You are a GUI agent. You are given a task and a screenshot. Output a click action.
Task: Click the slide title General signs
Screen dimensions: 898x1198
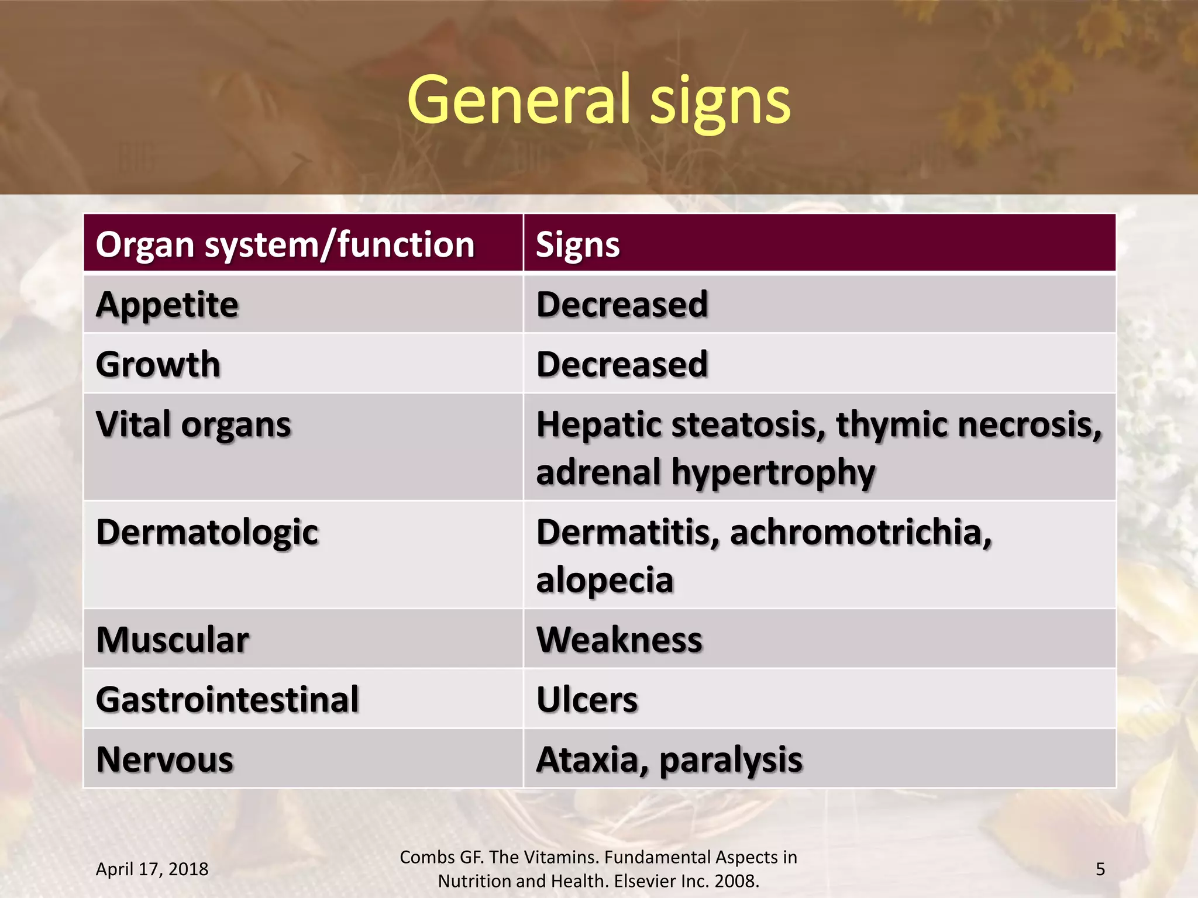coord(598,101)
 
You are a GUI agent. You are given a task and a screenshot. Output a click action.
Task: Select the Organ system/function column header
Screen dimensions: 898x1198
coord(285,244)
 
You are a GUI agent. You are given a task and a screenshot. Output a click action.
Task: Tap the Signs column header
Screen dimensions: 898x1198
coord(577,244)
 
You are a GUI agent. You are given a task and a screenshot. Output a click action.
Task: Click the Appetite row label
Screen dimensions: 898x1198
coord(167,305)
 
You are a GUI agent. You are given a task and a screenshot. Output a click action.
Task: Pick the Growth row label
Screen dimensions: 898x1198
coord(158,364)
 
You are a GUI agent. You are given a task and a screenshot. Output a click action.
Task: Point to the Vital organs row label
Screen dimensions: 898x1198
coord(193,424)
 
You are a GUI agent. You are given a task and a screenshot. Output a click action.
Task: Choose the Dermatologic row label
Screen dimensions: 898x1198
coord(207,533)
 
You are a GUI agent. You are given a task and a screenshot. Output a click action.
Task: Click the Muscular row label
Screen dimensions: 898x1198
coord(173,640)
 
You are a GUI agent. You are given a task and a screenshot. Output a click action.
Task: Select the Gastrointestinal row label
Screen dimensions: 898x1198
coord(227,700)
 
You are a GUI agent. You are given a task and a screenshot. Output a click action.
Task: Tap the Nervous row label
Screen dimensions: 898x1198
coord(164,759)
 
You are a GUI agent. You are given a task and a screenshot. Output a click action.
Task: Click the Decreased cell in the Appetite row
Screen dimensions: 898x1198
coord(622,305)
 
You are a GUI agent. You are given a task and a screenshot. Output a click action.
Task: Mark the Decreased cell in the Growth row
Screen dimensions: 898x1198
coord(622,364)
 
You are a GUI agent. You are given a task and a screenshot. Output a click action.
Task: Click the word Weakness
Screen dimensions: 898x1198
coord(619,640)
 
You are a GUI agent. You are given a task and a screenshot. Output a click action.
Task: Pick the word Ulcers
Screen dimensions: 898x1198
coord(587,700)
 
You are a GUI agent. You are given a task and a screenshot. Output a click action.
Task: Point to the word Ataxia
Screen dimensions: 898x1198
coord(591,759)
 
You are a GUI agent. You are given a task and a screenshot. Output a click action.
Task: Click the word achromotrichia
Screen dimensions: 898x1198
coord(860,533)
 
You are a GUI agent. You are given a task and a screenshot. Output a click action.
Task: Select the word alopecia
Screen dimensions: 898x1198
coord(604,580)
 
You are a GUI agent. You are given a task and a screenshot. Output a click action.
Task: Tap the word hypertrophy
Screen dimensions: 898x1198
coord(773,472)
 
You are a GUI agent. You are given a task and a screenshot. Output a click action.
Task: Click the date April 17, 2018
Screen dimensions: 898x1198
coord(152,869)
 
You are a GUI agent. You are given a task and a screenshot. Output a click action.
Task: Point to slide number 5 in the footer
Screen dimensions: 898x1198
coord(1100,869)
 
